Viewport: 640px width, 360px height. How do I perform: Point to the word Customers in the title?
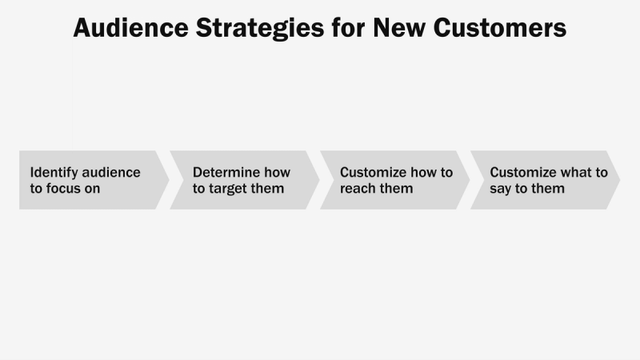502,28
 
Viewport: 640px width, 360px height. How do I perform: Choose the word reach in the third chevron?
358,189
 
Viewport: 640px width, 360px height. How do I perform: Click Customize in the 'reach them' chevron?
373,172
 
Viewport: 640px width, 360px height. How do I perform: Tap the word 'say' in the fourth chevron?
502,189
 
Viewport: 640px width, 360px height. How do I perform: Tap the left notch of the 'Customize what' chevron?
482,180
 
